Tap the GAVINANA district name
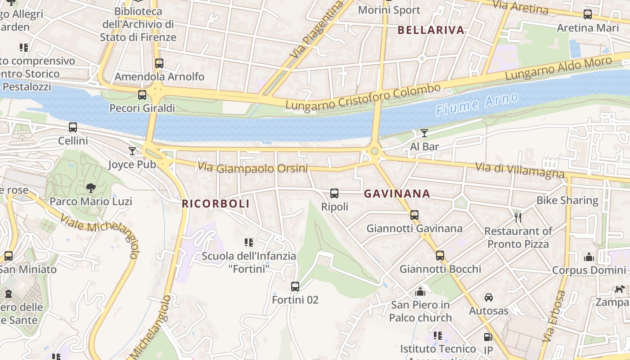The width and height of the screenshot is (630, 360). point(397,194)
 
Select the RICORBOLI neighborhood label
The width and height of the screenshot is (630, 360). point(216,204)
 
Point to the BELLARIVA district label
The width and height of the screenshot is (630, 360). point(431,30)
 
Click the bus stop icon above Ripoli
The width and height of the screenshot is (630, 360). point(334,193)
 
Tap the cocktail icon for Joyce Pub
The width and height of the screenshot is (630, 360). point(132,151)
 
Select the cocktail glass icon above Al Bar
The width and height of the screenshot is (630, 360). point(424,133)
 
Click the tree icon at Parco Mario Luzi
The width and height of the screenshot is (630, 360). point(91,188)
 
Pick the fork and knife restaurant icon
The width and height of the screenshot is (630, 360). point(518,218)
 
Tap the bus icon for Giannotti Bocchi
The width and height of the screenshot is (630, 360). point(440,256)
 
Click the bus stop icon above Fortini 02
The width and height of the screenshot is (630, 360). point(295,286)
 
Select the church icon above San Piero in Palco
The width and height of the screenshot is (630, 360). point(420,292)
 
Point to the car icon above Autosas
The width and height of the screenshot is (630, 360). point(489,297)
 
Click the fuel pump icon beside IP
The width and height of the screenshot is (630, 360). point(488,337)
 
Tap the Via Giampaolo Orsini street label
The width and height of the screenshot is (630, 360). point(252,168)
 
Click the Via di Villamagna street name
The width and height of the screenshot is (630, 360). point(520,170)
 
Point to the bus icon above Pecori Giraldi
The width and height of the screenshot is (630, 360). point(142,94)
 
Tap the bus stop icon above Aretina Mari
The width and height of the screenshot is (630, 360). point(588,14)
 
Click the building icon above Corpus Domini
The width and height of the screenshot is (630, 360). point(589,257)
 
